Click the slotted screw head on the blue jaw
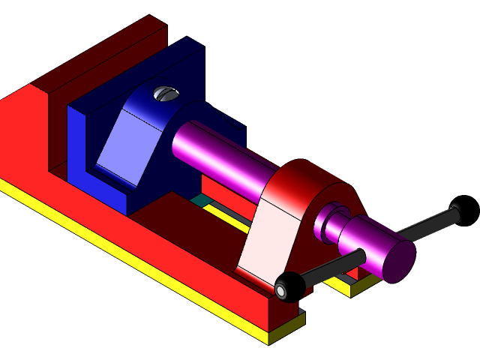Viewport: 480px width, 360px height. point(166,94)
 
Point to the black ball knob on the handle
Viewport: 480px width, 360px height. point(287,286)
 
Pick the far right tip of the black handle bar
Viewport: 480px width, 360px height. point(454,209)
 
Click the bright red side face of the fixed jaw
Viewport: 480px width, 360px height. point(22,142)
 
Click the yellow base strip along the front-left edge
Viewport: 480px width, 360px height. point(112,255)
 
